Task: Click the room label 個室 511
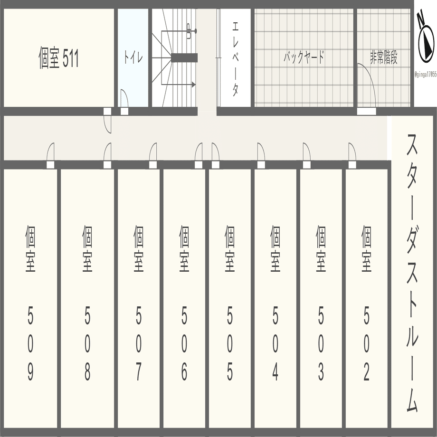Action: (x=58, y=59)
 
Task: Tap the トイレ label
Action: (x=133, y=58)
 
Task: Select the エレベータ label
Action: (x=235, y=58)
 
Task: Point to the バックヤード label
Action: (x=304, y=58)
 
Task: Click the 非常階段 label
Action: (x=384, y=58)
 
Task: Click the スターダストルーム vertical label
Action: (x=412, y=273)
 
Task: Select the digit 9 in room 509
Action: (x=30, y=372)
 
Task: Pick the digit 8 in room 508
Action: (x=87, y=372)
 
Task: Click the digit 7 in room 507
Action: (x=138, y=372)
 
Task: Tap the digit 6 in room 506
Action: (x=184, y=372)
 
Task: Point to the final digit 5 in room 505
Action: (x=230, y=372)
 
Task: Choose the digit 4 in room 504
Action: (x=275, y=372)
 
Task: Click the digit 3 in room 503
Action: (x=321, y=372)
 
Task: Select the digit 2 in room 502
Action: (x=367, y=372)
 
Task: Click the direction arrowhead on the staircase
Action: (x=193, y=85)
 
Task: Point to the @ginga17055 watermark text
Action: (x=425, y=75)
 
